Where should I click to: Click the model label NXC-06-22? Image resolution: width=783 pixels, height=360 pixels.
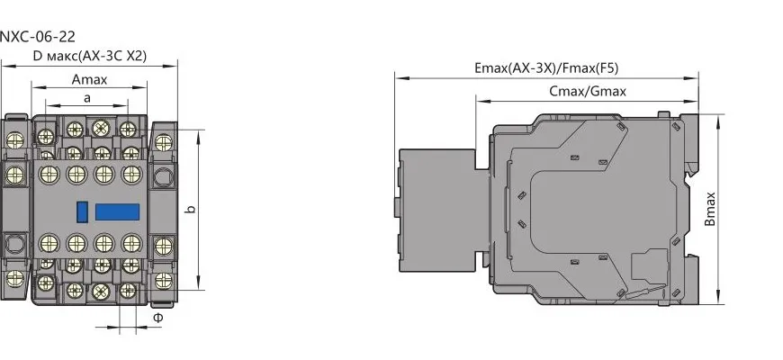tap(38, 37)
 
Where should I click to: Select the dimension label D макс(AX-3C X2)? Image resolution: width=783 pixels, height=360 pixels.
tap(90, 56)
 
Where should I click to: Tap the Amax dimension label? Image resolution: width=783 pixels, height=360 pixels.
tap(89, 79)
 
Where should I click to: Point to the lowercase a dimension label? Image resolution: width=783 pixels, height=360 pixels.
tap(87, 98)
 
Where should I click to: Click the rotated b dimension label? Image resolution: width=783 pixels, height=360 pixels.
tap(190, 209)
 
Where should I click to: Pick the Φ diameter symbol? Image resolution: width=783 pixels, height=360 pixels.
tap(157, 318)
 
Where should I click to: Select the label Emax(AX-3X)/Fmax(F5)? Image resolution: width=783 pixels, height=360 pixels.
tap(546, 68)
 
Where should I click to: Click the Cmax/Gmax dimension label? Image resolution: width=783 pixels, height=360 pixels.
tap(587, 92)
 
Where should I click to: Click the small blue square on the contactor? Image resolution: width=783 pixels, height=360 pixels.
tap(83, 211)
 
